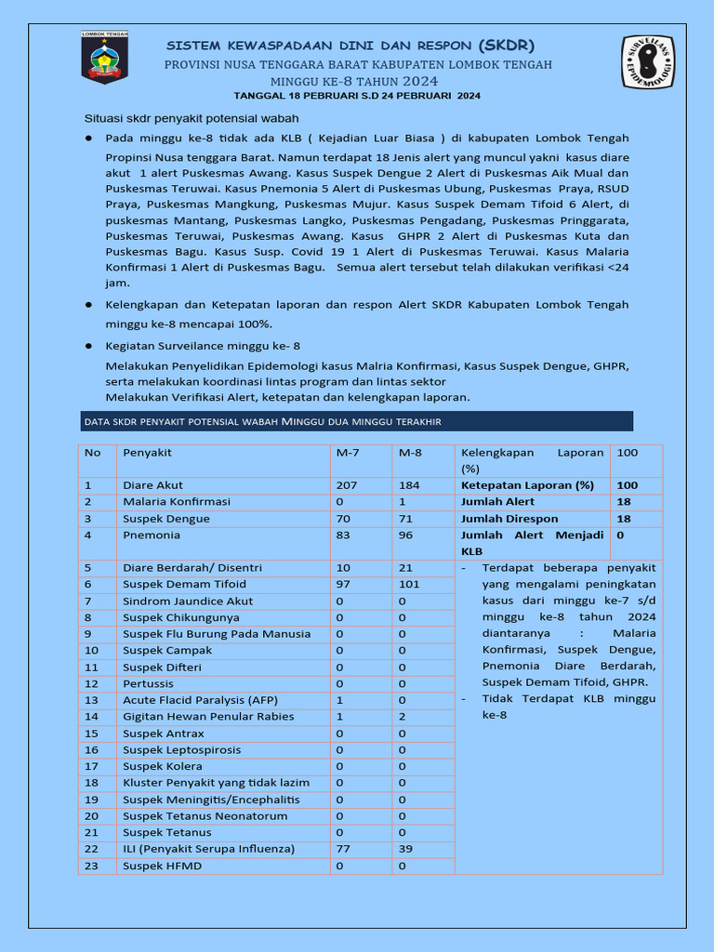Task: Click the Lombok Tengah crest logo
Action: pos(104,58)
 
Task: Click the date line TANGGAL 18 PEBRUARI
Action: pos(357,96)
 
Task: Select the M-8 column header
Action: pos(410,453)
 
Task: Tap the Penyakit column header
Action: pos(147,453)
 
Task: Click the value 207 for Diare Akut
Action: pos(347,485)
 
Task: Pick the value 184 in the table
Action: pos(409,485)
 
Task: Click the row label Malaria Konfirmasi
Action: pos(177,502)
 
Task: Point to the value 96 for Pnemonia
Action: pos(405,535)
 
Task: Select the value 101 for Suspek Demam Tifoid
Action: pos(409,584)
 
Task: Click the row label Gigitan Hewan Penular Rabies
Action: pos(208,717)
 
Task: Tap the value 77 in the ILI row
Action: pos(343,849)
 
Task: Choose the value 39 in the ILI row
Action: pos(405,849)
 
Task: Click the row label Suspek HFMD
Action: pos(162,866)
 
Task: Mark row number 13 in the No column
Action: pos(91,700)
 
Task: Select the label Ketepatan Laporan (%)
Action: pos(527,485)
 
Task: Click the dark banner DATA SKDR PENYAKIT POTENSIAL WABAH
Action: pos(357,422)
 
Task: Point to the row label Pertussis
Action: pos(149,683)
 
